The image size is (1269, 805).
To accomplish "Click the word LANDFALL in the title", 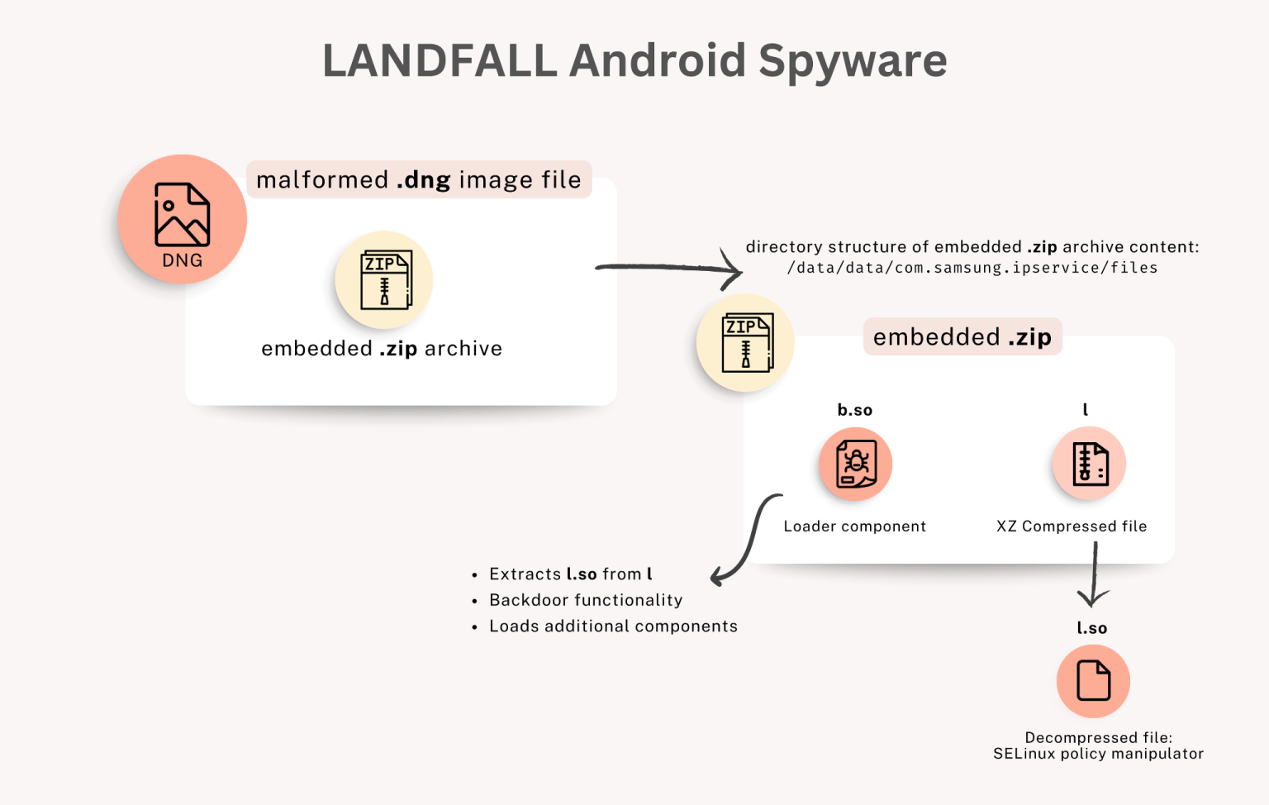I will coord(440,61).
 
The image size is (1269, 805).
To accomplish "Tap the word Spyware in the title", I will coord(853,61).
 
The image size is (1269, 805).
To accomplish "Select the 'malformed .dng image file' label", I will coord(419,179).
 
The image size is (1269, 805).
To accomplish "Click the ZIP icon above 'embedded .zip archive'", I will coord(384,279).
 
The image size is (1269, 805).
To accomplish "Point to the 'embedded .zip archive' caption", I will coord(382,349).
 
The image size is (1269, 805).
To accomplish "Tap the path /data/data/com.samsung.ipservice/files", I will coord(972,268).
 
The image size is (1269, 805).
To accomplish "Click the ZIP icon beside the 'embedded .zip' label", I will coord(745,342).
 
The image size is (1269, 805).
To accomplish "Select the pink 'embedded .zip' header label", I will coord(962,337).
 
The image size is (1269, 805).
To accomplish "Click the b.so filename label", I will coord(855,410).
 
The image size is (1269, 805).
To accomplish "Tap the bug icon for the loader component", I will coord(855,464).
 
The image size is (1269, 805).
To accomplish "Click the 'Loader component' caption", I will coord(855,526).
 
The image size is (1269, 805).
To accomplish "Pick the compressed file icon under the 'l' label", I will coord(1089,464).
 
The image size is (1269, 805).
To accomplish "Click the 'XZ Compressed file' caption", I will coord(1072,526).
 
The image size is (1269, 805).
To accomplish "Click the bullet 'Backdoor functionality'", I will coord(586,600).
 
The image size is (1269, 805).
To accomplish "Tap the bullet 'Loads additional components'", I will coord(613,626).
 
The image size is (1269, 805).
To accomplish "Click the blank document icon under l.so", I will coord(1093,681).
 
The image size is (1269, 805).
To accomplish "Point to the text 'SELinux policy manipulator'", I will coord(1098,754).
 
